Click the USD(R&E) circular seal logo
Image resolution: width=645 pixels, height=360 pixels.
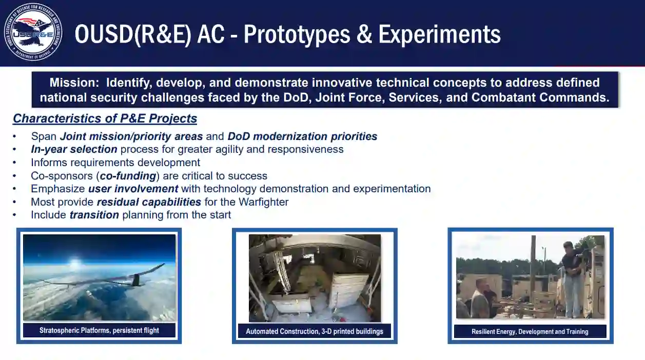tap(33, 32)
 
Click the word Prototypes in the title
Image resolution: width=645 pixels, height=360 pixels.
tap(297, 34)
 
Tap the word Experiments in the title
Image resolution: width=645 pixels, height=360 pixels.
tap(439, 34)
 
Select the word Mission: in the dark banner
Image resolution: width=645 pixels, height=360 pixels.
tap(74, 83)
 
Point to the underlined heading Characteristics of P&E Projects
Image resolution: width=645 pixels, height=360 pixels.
tap(105, 118)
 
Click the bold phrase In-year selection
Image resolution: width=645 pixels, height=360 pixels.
tap(74, 149)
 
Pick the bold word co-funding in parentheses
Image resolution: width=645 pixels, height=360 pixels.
tap(128, 176)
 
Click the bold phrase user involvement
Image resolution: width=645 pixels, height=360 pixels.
tap(133, 189)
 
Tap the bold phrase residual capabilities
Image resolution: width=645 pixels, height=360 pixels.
tap(149, 202)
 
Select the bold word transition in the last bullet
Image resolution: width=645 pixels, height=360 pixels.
tap(94, 215)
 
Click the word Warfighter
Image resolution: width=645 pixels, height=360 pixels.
tap(263, 202)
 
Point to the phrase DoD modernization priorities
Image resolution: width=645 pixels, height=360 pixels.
tap(302, 136)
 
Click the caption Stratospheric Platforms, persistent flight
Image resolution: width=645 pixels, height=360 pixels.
tap(99, 330)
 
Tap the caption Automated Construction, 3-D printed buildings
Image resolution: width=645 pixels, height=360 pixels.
tap(315, 331)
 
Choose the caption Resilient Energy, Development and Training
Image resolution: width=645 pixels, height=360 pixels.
tap(530, 331)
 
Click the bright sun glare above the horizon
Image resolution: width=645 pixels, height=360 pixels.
tap(75, 263)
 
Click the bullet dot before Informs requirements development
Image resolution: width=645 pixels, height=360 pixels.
tap(14, 163)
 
